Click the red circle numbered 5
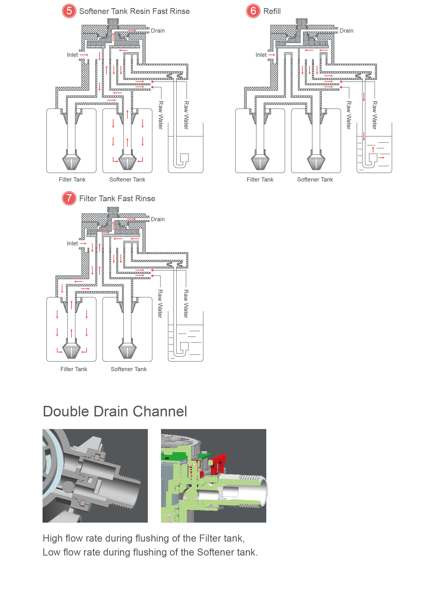(69, 11)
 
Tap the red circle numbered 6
(253, 11)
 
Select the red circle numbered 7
(69, 198)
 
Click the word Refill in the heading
(272, 11)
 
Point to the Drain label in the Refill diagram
(346, 31)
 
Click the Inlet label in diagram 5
(72, 55)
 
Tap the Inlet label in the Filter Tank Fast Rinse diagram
(72, 244)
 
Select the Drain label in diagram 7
(158, 219)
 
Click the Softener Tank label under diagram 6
(315, 180)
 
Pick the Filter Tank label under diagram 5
(72, 180)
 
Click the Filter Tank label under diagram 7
(74, 369)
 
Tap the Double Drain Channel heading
(115, 411)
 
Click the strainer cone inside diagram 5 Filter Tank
(71, 161)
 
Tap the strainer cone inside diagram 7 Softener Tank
(127, 350)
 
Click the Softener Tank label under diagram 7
(129, 369)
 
